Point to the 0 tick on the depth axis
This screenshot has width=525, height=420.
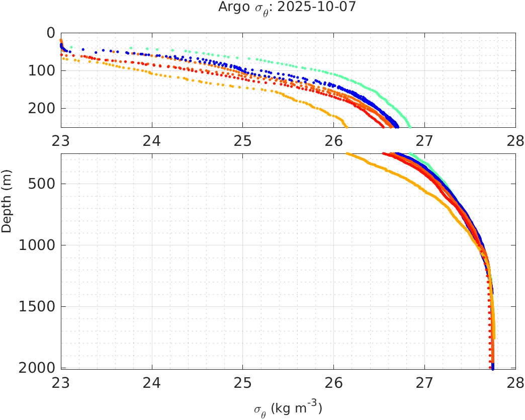(50, 33)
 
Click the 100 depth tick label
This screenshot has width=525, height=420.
(44, 71)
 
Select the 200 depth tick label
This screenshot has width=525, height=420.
(44, 109)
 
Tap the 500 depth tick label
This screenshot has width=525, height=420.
(44, 184)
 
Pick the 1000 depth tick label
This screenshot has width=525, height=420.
(41, 245)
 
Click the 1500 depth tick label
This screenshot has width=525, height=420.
(41, 307)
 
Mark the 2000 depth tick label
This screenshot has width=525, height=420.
(41, 368)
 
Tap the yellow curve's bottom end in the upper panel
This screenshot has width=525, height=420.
(346, 126)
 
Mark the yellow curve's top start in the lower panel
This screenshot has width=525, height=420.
(347, 154)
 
